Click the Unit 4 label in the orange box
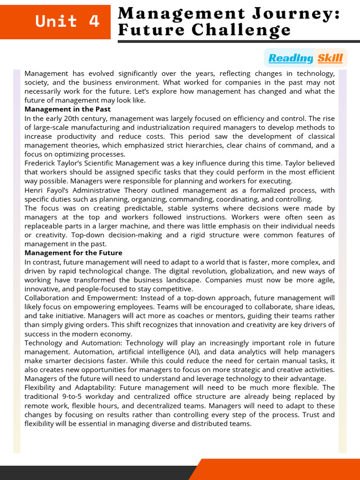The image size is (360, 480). click(x=68, y=21)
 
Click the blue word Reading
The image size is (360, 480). click(x=290, y=58)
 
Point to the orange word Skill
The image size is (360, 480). click(x=330, y=58)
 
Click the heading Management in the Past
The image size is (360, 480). click(x=67, y=109)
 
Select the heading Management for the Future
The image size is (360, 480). click(x=73, y=253)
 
